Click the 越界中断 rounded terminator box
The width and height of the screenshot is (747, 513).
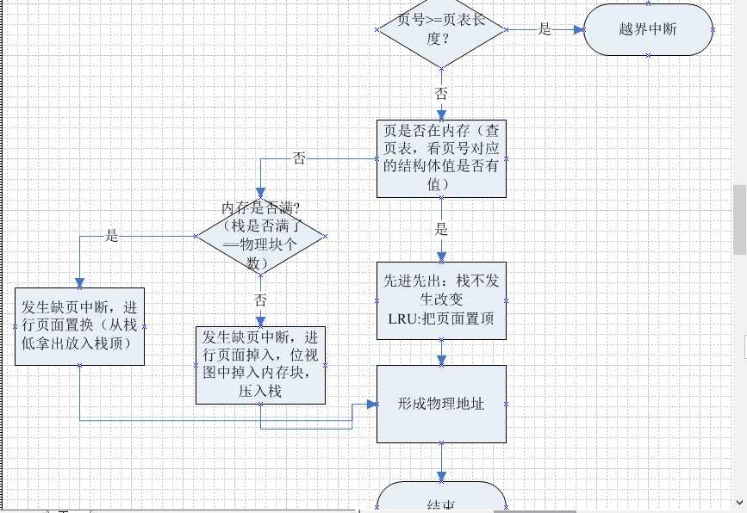648,28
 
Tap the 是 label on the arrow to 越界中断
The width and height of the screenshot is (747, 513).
545,28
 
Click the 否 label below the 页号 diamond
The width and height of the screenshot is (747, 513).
441,94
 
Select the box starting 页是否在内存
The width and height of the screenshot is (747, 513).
442,158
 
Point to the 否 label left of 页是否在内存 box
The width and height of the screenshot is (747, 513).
299,158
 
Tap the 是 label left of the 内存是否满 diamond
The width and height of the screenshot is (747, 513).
111,235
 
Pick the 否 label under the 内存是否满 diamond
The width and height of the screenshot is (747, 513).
260,299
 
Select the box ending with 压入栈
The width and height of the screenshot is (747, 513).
261,365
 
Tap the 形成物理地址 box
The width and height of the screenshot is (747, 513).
442,404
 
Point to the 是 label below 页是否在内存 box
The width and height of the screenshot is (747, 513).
441,230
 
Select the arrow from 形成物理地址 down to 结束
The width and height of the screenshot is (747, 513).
442,461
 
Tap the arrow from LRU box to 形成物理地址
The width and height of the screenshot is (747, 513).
442,350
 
